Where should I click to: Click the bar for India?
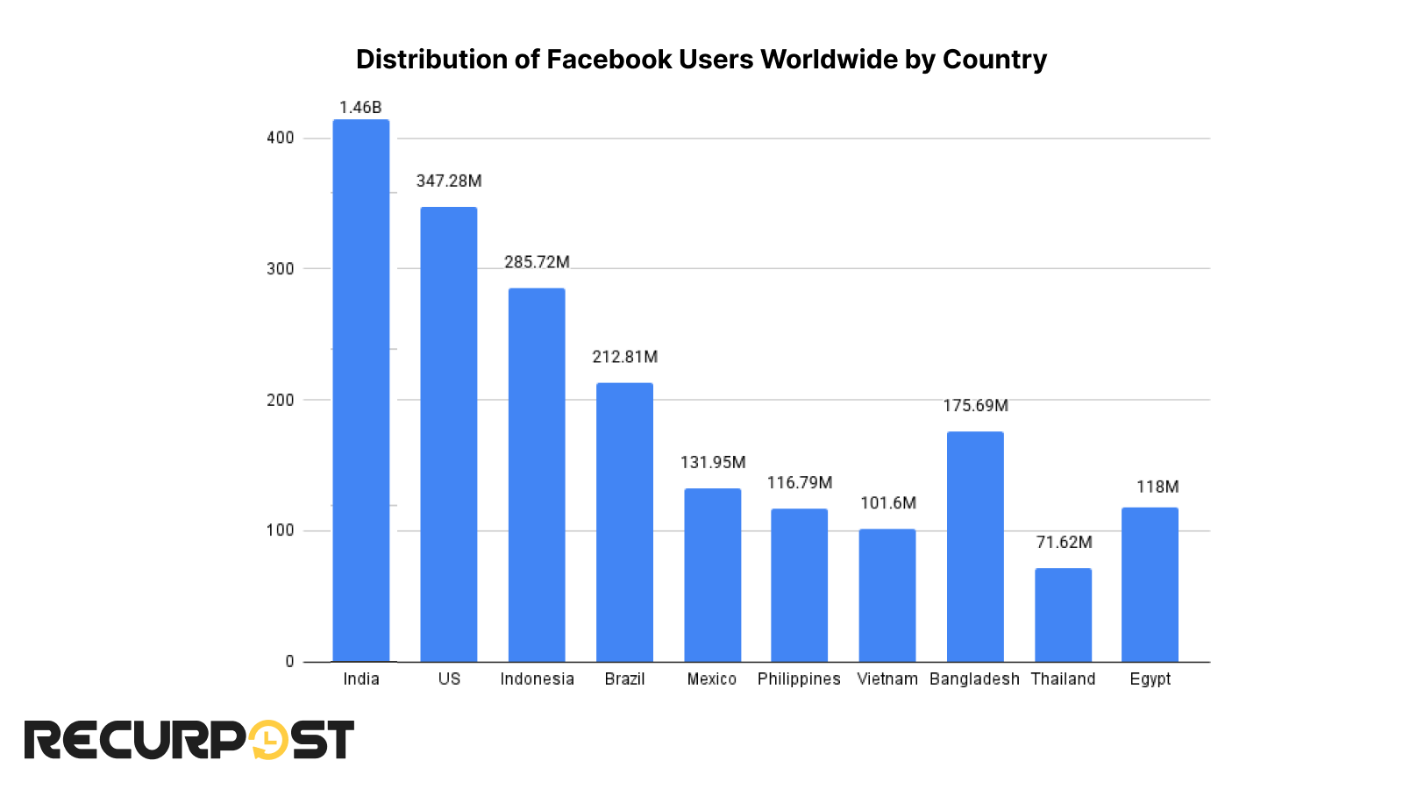tap(360, 390)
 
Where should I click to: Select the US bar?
tap(448, 434)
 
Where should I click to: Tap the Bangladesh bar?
tap(975, 546)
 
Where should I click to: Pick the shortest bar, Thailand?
tap(1063, 615)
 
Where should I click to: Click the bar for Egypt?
tap(1150, 584)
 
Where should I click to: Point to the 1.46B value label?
tap(360, 108)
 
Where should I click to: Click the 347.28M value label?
tap(448, 181)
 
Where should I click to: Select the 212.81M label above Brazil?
tap(624, 357)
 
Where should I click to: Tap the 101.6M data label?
tap(887, 503)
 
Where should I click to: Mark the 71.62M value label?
tap(1064, 543)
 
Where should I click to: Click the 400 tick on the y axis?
tap(280, 138)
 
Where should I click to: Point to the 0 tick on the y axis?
tap(289, 662)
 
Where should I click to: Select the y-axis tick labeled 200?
tap(280, 400)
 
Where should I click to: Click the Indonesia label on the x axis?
tap(537, 679)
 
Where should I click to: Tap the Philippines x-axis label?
tap(799, 679)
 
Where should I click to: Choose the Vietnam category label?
tap(887, 679)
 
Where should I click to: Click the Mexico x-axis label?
tap(711, 679)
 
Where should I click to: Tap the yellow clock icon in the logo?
tap(267, 741)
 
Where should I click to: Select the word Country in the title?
tap(993, 60)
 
